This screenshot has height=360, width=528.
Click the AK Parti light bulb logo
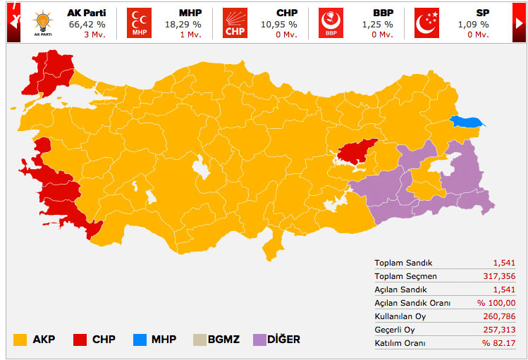tap(43, 23)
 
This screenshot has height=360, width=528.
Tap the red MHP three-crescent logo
tap(139, 23)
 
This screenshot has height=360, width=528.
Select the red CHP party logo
tap(235, 23)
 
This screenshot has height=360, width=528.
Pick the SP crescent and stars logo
tap(426, 23)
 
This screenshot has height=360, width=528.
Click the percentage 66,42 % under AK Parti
tap(83, 23)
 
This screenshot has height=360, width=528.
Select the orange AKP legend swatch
tap(20, 339)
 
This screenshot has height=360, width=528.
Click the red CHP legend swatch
tap(80, 339)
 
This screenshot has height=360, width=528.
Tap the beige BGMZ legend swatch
tap(199, 339)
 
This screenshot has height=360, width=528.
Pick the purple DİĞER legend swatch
tap(260, 339)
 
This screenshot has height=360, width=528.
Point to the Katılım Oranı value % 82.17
tap(499, 342)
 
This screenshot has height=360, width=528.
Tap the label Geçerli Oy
tap(395, 329)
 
